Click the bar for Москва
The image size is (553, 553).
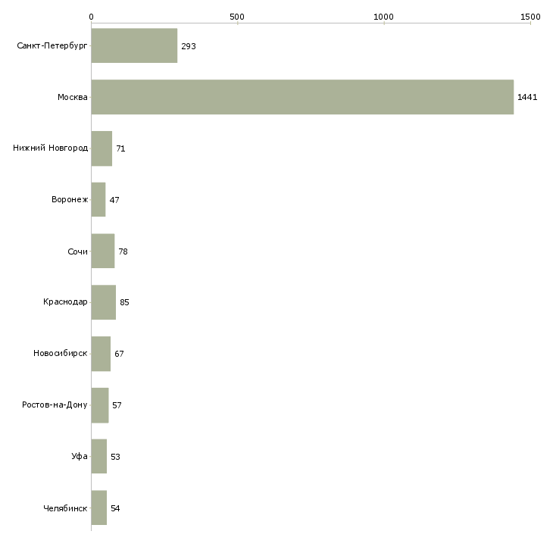[302, 97]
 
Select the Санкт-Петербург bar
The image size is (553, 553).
[134, 45]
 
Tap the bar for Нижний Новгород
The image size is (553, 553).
[102, 148]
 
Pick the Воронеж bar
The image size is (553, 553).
[98, 200]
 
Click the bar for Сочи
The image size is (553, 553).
[103, 251]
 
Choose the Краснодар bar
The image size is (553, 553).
[104, 302]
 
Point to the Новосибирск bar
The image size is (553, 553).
[101, 354]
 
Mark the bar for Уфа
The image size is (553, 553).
[99, 456]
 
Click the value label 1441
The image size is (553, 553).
[527, 97]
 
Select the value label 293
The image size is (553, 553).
[189, 46]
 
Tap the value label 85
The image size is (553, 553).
[124, 302]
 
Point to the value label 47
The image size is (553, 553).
[114, 200]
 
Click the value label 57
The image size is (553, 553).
[117, 405]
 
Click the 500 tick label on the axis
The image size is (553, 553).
[237, 17]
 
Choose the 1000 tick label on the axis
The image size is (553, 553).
[383, 17]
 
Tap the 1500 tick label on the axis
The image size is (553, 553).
[530, 17]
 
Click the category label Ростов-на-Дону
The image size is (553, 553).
[55, 405]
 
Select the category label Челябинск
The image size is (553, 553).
[65, 508]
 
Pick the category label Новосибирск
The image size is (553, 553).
[61, 353]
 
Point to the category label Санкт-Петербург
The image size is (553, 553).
[52, 46]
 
